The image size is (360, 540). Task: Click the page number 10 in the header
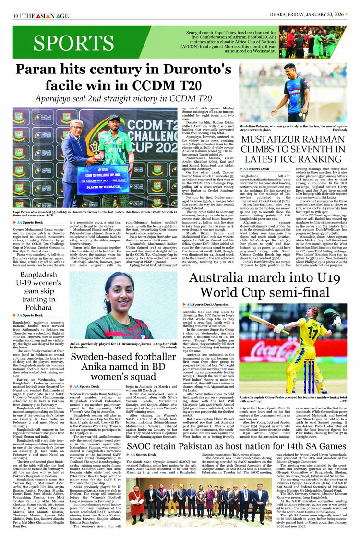(16, 16)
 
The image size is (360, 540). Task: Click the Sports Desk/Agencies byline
(207, 304)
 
